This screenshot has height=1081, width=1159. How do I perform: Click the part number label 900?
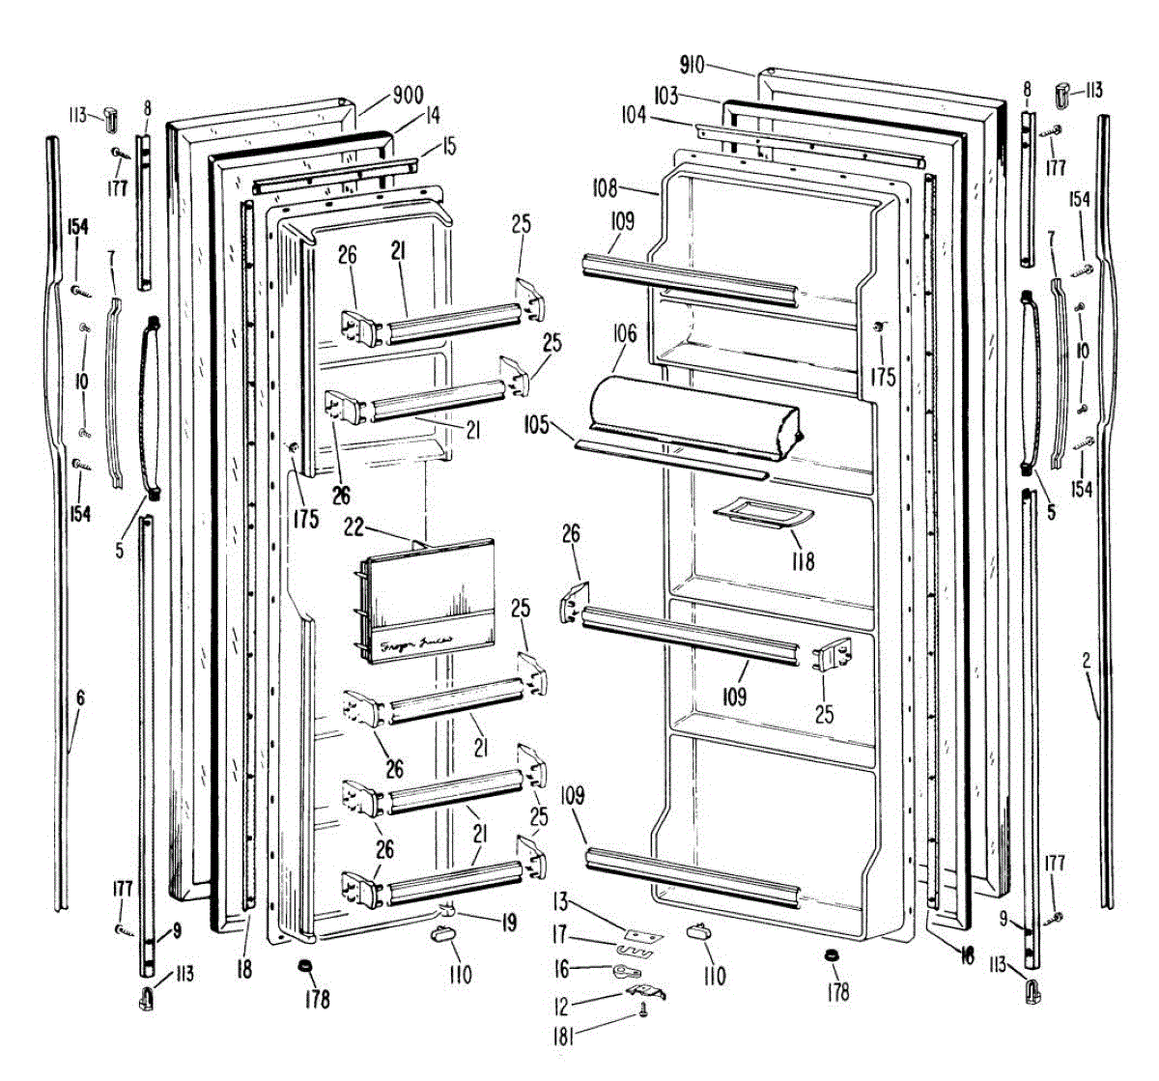[408, 96]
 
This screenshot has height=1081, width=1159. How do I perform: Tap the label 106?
[624, 334]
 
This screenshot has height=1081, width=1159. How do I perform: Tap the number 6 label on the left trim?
[80, 697]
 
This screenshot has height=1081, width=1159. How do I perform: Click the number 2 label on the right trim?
[1087, 662]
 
